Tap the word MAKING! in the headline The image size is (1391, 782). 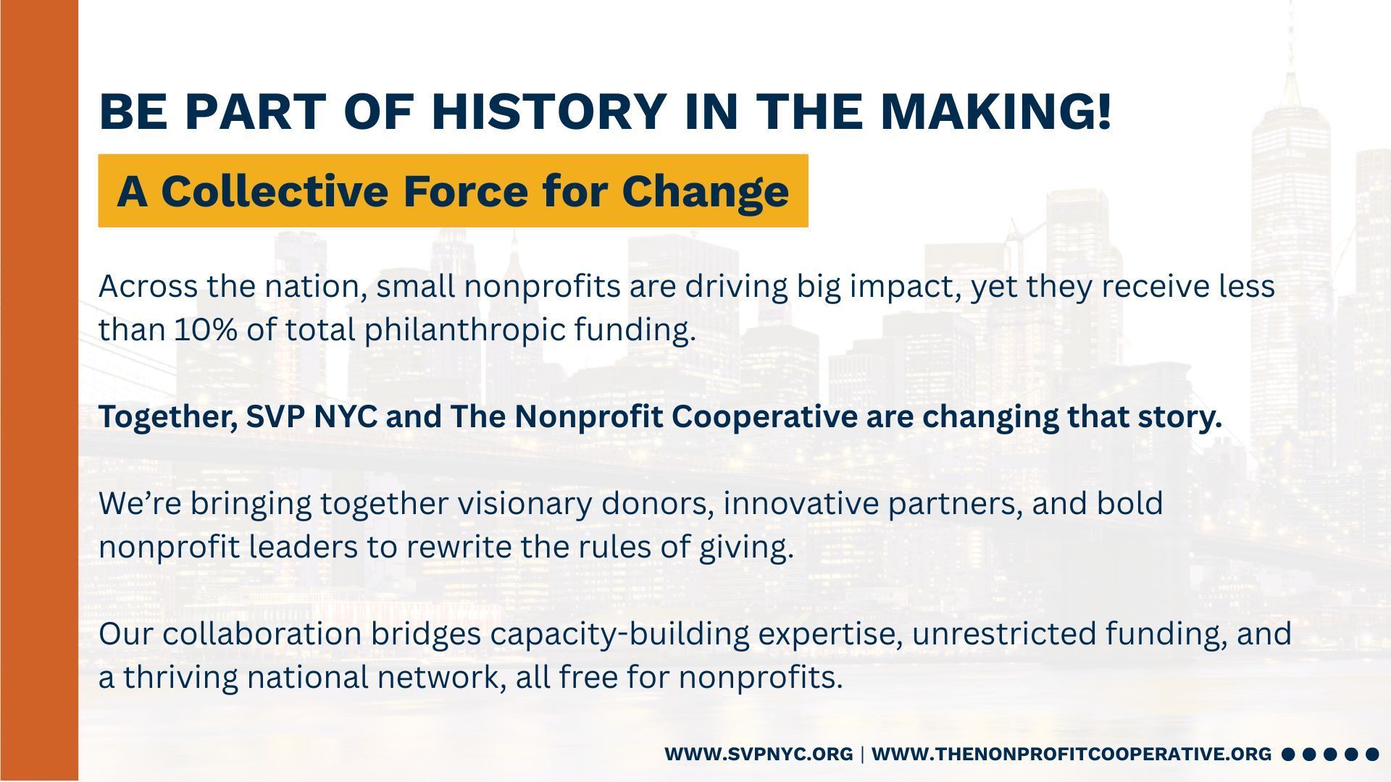tap(995, 112)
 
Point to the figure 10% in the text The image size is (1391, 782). tap(206, 330)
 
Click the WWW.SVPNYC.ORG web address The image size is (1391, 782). tap(759, 754)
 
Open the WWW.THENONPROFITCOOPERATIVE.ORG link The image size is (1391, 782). tap(1072, 754)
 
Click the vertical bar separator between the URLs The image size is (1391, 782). tap(862, 754)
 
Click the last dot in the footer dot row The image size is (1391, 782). tap(1372, 754)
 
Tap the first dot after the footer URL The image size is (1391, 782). tap(1288, 754)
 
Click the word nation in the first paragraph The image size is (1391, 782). tap(312, 287)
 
